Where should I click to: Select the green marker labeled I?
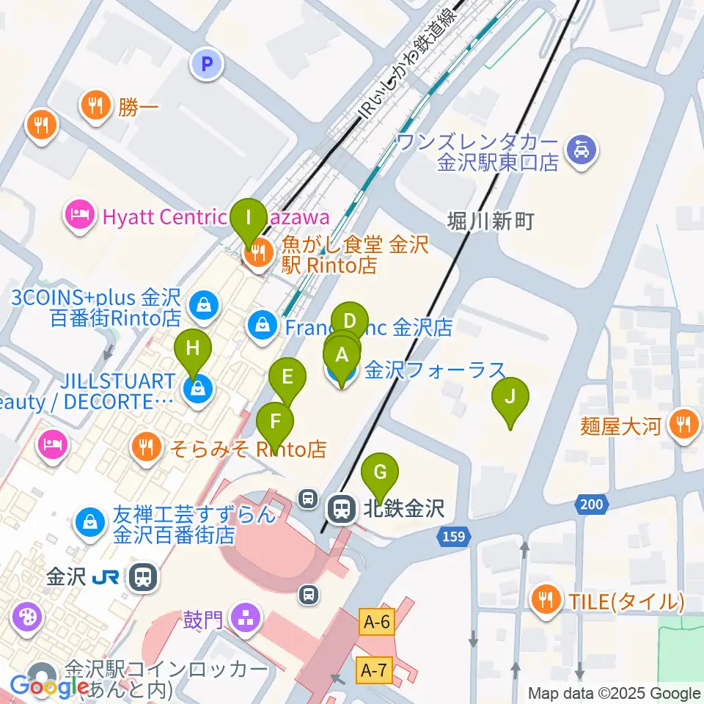pyautogui.click(x=249, y=218)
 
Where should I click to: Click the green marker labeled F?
pyautogui.click(x=275, y=422)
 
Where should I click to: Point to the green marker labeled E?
pyautogui.click(x=287, y=378)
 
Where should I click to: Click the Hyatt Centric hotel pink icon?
pyautogui.click(x=78, y=216)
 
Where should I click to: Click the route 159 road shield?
pyautogui.click(x=453, y=538)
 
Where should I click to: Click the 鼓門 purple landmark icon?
pyautogui.click(x=243, y=618)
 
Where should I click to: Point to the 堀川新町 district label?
pyautogui.click(x=490, y=221)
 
